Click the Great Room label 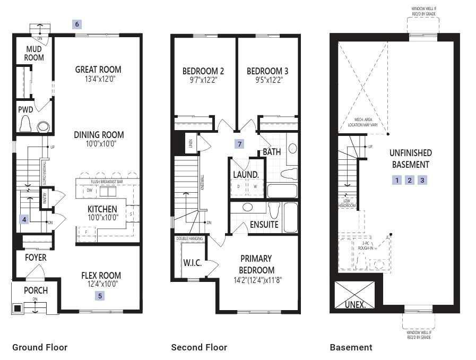point(98,70)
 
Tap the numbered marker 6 point(77,24)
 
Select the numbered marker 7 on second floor point(240,144)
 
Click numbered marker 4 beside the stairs point(24,219)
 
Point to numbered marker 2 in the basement point(410,180)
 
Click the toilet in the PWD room point(25,125)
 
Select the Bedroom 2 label point(203,71)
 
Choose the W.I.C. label point(192,263)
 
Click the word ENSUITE point(264,225)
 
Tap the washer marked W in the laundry point(254,187)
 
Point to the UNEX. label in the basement point(355,305)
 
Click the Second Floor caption point(199,347)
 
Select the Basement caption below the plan point(351,347)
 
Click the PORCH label point(36,290)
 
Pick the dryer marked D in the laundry point(239,187)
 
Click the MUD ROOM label point(34,54)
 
